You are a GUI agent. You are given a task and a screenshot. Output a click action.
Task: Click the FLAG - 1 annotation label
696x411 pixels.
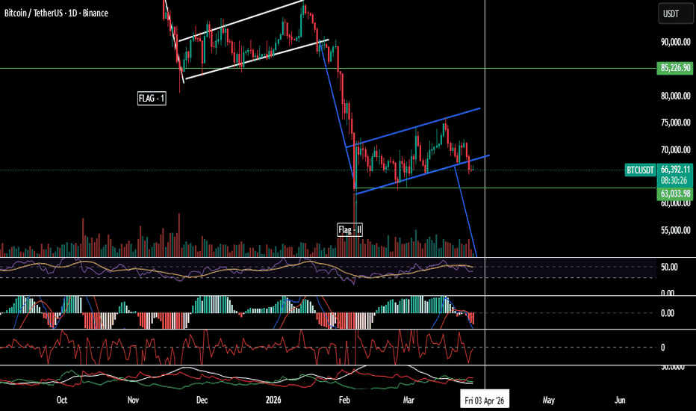[151, 98]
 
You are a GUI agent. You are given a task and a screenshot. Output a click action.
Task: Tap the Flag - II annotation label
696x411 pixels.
[349, 229]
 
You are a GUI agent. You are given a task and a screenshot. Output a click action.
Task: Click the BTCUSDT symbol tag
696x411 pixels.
[639, 170]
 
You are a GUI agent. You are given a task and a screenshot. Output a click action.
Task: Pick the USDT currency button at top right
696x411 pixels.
[671, 13]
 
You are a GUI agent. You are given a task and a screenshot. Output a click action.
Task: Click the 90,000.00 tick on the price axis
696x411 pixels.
[674, 43]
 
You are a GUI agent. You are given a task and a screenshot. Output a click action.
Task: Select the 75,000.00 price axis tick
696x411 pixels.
[674, 123]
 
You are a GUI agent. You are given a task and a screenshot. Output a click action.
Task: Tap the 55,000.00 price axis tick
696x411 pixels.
[674, 230]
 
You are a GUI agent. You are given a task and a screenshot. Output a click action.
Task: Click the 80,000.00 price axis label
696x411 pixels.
[674, 96]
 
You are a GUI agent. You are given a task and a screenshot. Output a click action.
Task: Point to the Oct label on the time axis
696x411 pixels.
[62, 400]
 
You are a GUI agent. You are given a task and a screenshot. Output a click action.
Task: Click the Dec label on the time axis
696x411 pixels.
[202, 400]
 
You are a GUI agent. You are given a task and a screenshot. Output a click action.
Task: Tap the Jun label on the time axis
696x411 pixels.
[619, 400]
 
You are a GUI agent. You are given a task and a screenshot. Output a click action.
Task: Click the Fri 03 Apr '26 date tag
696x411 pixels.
[486, 400]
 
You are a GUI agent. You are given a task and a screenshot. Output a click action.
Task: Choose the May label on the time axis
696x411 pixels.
[549, 400]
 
